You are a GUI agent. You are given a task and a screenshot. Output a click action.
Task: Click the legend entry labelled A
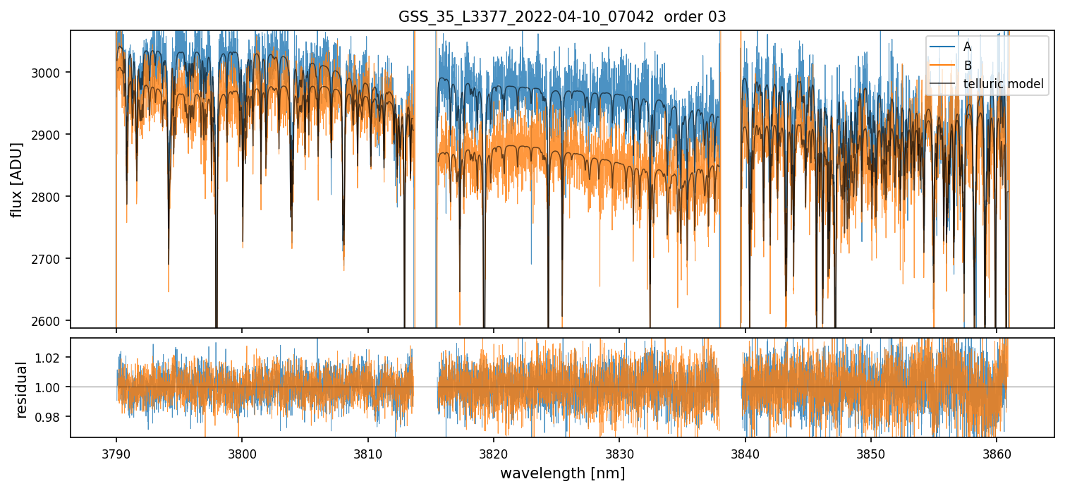pos(967,47)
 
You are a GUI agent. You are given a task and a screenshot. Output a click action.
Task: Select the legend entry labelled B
pos(967,66)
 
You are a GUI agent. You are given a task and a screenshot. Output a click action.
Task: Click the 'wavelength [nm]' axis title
pos(562,473)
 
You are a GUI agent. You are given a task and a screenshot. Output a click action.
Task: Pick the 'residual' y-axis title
pos(21,389)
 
